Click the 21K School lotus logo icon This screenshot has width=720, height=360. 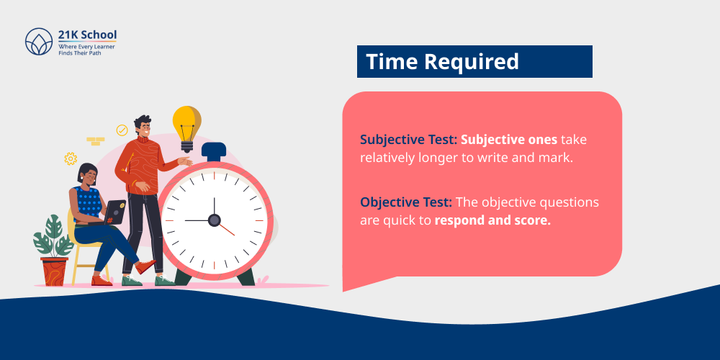pyautogui.click(x=39, y=42)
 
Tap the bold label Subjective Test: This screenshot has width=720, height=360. pyautogui.click(x=408, y=139)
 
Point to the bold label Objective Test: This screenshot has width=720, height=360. pyautogui.click(x=404, y=202)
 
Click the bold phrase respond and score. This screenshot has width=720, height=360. pyautogui.click(x=492, y=220)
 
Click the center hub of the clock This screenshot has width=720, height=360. pyautogui.click(x=214, y=220)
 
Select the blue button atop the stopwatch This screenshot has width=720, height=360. pyautogui.click(x=214, y=151)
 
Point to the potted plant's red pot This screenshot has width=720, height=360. pyautogui.click(x=55, y=271)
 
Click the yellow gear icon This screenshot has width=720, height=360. pyautogui.click(x=71, y=158)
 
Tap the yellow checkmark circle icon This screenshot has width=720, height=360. pyautogui.click(x=122, y=130)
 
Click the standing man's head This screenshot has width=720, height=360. pyautogui.click(x=143, y=127)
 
